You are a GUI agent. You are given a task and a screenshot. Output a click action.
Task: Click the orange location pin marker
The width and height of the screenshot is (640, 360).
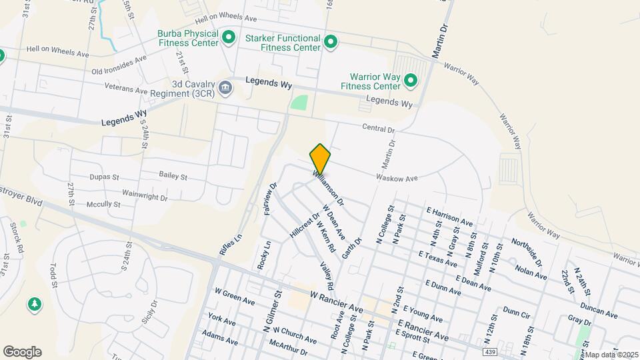[x=320, y=159]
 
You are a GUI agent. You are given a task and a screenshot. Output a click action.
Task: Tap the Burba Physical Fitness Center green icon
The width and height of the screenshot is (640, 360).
[x=229, y=37]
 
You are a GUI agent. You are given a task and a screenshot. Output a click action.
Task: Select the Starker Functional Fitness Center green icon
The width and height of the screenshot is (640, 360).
[x=331, y=43]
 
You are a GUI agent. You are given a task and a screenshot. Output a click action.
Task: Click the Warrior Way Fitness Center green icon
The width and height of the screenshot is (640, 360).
[x=411, y=81]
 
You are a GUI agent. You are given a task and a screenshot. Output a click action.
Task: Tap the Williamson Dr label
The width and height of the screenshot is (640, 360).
[x=329, y=187]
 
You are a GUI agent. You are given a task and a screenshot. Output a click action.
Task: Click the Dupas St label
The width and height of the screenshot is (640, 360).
[x=104, y=178]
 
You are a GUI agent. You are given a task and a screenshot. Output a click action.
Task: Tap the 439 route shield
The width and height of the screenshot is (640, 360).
[x=490, y=350]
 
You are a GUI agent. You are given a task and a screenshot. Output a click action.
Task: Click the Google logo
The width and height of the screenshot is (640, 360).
[x=22, y=352]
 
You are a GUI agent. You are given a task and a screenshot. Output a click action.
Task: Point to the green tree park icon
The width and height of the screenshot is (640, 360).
[x=34, y=304]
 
